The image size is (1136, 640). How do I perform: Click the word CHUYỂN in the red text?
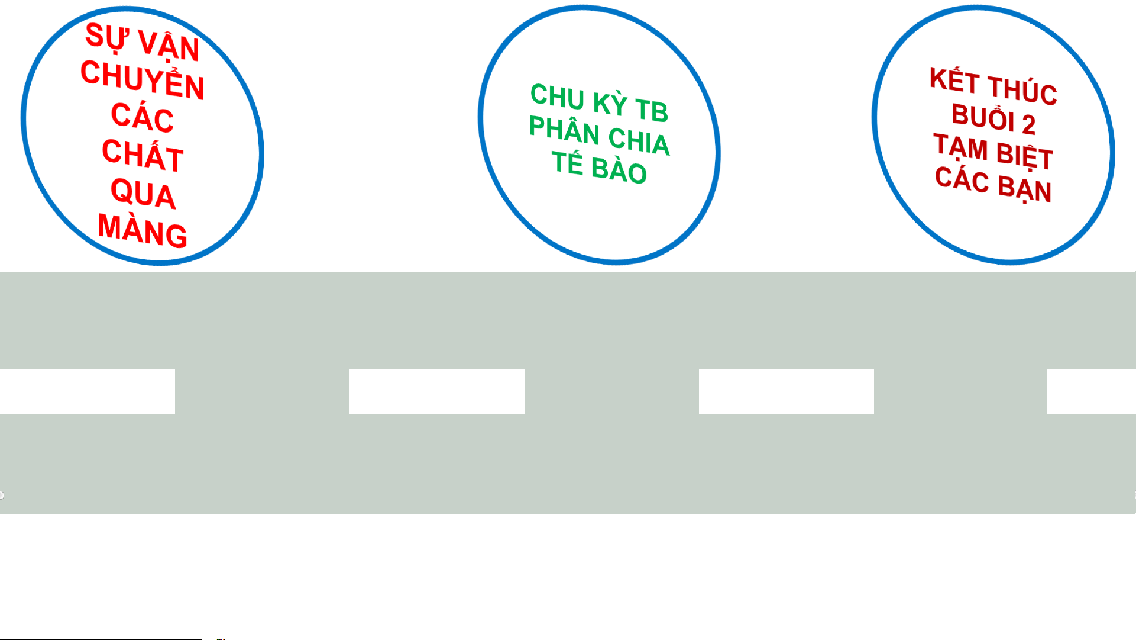(143, 80)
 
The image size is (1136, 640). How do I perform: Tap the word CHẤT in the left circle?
(143, 155)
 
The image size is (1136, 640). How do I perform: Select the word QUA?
(143, 194)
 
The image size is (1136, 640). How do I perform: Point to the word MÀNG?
(143, 230)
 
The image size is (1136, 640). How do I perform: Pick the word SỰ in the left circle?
(106, 37)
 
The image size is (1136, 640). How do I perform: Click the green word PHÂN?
(564, 130)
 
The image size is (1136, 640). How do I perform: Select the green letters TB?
(652, 110)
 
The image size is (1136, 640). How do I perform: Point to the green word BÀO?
(619, 171)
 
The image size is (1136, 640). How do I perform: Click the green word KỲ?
(610, 103)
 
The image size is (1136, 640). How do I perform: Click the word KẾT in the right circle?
(954, 80)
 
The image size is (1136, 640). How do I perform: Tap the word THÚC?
(1022, 91)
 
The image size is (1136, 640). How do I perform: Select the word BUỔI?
(982, 117)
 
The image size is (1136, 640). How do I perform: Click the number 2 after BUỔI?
(1028, 124)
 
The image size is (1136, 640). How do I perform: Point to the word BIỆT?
(1025, 155)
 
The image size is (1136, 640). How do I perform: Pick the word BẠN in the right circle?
(1025, 188)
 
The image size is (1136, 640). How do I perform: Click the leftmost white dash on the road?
(88, 391)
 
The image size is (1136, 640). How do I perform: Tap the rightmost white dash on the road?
(1091, 391)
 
